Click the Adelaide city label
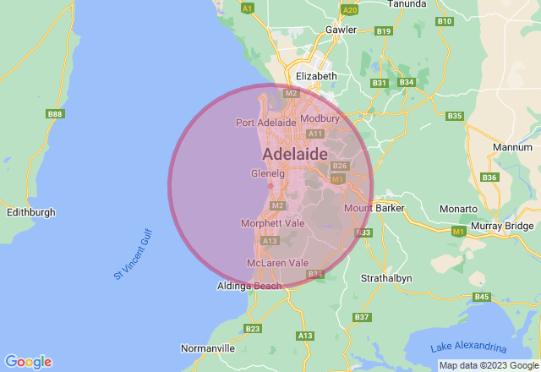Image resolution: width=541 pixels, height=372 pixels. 294,155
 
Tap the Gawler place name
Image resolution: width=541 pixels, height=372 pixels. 342,30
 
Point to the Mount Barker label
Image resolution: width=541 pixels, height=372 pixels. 374,208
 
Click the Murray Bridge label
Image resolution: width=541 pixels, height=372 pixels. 503,226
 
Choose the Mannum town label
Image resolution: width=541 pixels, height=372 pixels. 512,147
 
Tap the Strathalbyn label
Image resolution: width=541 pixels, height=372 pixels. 385,278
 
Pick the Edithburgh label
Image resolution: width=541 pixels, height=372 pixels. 30,212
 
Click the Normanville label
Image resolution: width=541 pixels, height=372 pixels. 208,348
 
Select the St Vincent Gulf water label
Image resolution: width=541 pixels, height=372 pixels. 134,254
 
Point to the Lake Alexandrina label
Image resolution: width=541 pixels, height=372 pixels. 467,347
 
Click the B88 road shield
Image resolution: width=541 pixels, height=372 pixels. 56,114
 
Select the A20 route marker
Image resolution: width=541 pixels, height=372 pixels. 350,9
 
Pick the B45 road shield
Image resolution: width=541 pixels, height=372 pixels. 482,297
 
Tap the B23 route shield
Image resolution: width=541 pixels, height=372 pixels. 252,329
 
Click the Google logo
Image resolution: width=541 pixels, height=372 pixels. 28,362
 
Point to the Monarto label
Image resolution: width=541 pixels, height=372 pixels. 460,209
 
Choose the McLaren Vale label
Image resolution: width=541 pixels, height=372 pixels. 277,263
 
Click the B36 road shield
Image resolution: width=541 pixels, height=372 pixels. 489,178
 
